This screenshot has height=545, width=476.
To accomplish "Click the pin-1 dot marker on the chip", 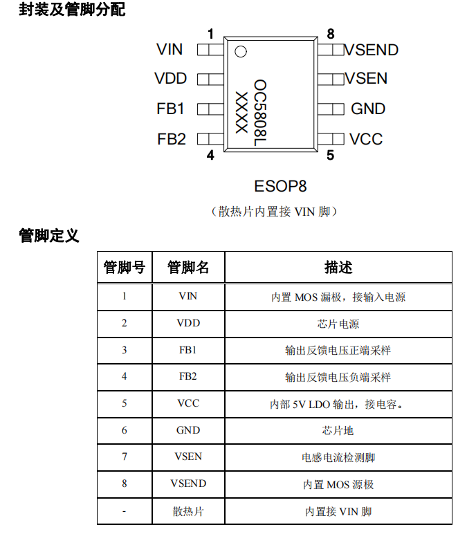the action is (241, 51).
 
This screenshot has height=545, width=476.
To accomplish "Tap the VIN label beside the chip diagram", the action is (170, 49).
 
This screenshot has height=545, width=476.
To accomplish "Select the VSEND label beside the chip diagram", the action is (371, 50).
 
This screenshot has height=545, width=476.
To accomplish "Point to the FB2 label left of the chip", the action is (172, 139).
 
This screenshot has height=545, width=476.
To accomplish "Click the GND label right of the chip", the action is (368, 109).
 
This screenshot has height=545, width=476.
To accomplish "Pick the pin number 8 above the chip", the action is (330, 34).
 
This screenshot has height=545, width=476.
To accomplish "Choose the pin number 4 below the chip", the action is (210, 155).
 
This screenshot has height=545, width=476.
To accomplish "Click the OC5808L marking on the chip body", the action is (260, 113).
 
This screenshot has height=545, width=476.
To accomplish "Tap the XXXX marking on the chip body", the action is (241, 112).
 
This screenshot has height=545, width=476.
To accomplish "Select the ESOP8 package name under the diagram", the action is (280, 186).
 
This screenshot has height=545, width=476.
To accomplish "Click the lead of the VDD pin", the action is (210, 80).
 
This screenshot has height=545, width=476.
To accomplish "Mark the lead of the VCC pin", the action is (331, 139).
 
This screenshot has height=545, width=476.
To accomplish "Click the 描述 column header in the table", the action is (338, 267).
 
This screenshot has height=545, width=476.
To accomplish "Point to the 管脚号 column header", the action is (125, 267).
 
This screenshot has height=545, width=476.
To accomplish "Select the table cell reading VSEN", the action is (188, 456).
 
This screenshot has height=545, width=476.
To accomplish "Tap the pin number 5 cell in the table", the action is (124, 403).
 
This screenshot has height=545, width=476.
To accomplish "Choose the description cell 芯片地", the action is (338, 430).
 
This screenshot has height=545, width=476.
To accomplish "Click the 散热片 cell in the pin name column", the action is (188, 511).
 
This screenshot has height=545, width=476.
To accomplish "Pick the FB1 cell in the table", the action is (187, 350).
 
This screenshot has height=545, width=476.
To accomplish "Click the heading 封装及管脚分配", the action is (72, 9).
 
